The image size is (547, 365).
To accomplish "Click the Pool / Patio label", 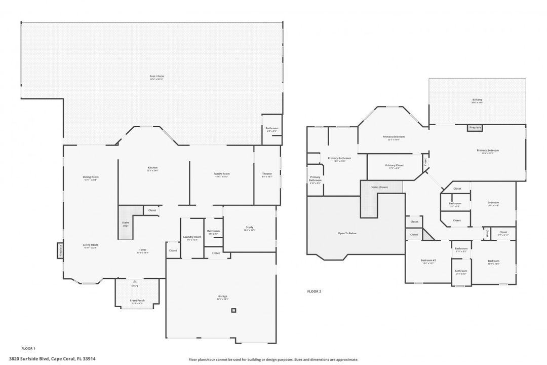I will [x=157, y=77].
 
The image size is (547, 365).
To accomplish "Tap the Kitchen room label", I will [x=152, y=168].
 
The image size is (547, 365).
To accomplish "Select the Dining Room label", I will [x=91, y=177].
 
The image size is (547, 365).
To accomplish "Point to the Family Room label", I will [x=221, y=174].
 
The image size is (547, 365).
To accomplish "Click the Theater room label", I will [x=267, y=174].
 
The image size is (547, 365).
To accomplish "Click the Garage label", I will [x=223, y=297].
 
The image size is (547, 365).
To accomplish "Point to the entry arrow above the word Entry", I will [x=135, y=281].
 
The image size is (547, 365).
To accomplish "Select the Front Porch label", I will [x=137, y=301].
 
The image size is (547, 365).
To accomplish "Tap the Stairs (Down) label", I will [x=379, y=187].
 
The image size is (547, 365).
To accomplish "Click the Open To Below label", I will [x=347, y=233].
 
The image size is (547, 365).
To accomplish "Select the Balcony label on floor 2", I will [x=477, y=100].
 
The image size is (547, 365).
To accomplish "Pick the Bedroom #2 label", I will [x=428, y=261].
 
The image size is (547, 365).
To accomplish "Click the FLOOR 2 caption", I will [x=314, y=291].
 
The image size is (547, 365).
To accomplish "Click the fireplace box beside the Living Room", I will [x=60, y=250].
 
